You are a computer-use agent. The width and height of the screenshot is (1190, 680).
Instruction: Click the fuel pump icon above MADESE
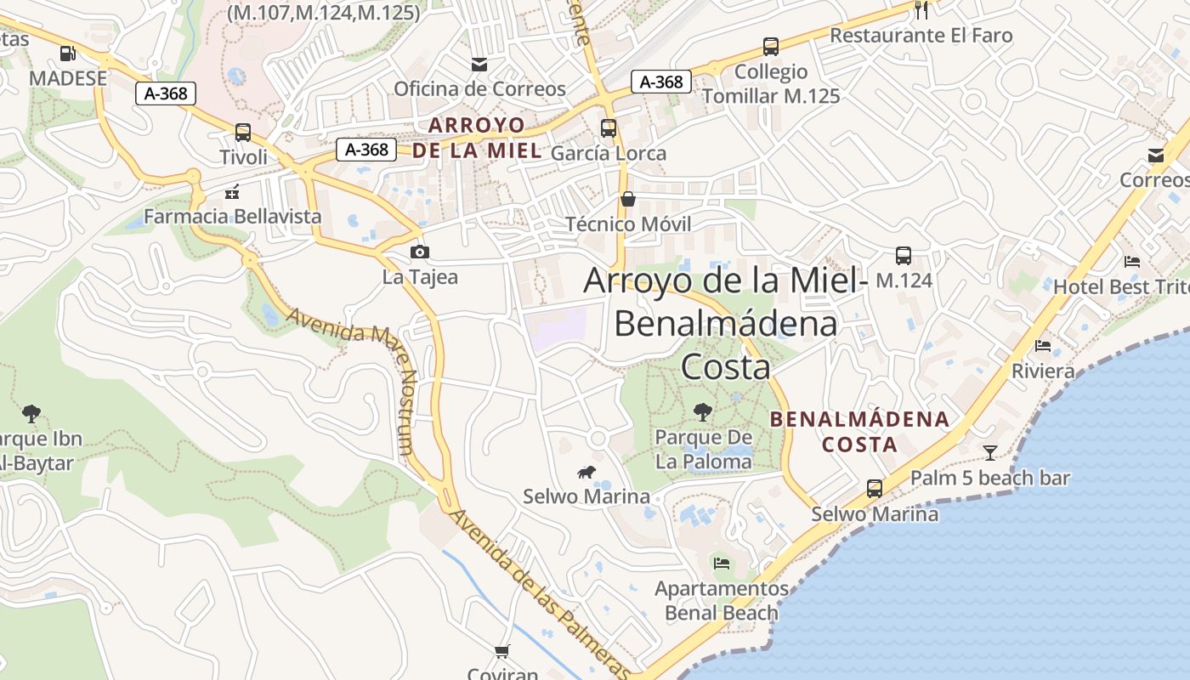coord(67,54)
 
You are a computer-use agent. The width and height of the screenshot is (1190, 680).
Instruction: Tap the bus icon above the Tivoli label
coord(243,133)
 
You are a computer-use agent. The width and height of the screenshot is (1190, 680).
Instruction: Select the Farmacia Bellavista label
coord(233,217)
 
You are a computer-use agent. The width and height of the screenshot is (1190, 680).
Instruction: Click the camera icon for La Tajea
coord(419,252)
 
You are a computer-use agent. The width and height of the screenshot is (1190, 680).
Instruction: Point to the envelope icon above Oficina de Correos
coord(479,64)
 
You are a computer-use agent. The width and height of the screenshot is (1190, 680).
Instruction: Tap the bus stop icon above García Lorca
coord(609,128)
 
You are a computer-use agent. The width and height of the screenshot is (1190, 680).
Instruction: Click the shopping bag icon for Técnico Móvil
coord(628,200)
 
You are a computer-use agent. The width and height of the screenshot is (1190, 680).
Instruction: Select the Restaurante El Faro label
coord(921,36)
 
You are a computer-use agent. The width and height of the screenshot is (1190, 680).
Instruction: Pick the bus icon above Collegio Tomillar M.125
coord(771,47)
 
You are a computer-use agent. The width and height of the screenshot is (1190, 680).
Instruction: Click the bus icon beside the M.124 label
coord(904,255)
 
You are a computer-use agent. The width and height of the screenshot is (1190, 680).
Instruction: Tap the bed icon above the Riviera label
coord(1043,346)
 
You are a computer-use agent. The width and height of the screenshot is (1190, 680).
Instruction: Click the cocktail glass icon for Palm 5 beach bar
coord(990,452)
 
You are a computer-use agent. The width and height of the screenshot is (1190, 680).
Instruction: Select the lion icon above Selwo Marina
coord(586,472)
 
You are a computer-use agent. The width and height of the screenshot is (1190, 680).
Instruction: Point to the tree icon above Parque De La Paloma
coord(703,412)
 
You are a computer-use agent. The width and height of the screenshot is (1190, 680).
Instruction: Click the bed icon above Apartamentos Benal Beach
coord(722,563)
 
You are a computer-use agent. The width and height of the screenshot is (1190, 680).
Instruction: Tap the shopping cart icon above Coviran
coord(502,652)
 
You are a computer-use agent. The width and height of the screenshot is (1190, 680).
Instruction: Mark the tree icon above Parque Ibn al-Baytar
coord(31,414)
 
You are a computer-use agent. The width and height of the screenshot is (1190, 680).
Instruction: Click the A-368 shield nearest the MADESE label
coord(166,93)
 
